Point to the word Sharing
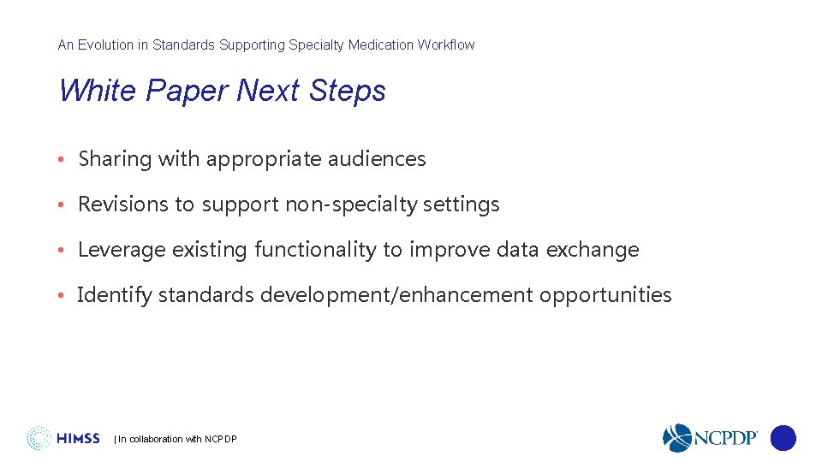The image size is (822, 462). (x=115, y=159)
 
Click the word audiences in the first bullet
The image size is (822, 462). (x=382, y=159)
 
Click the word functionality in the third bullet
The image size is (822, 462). (x=315, y=250)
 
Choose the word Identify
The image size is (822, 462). (x=115, y=295)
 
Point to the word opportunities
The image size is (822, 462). (x=605, y=295)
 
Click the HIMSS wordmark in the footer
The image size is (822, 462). (x=78, y=439)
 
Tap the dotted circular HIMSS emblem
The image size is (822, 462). (x=39, y=438)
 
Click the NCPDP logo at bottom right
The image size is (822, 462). (x=710, y=438)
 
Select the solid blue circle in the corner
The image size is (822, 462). (x=783, y=438)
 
